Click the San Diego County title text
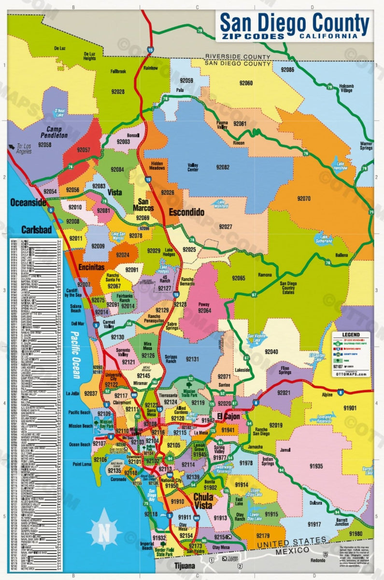(294, 22)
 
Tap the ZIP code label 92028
(117, 91)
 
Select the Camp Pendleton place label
(54, 133)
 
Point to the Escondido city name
(186, 212)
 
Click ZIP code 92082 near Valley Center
(223, 167)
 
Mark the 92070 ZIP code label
(304, 198)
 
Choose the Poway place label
(204, 304)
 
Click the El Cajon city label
(228, 417)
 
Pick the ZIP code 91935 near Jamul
(316, 466)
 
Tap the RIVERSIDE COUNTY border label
(237, 57)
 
